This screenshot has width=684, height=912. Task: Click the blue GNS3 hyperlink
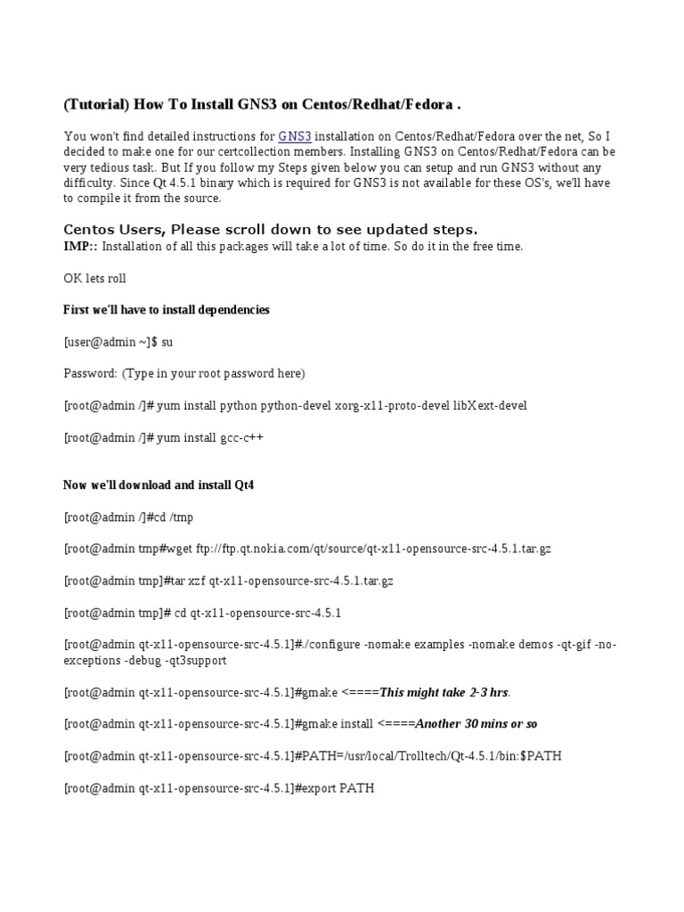pyautogui.click(x=295, y=136)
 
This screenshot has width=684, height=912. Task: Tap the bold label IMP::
pyautogui.click(x=78, y=246)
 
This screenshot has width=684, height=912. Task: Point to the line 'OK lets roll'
pyautogui.click(x=94, y=278)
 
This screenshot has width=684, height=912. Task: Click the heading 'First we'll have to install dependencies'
pyautogui.click(x=167, y=310)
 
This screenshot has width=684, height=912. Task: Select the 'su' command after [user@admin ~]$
pyautogui.click(x=167, y=342)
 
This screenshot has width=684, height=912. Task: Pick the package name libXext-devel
pyautogui.click(x=490, y=406)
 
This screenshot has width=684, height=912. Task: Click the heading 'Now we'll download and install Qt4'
pyautogui.click(x=159, y=485)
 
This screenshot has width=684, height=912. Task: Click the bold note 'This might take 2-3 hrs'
pyautogui.click(x=444, y=692)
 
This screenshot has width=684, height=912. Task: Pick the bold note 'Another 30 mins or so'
pyautogui.click(x=476, y=724)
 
